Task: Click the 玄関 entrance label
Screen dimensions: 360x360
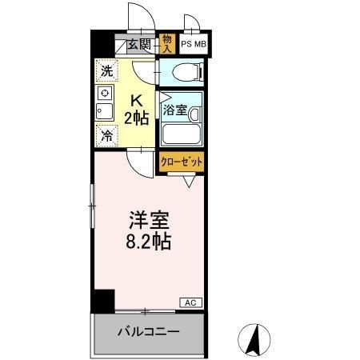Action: tap(138, 44)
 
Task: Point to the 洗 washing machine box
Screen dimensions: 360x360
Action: tap(106, 70)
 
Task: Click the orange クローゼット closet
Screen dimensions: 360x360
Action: tap(180, 162)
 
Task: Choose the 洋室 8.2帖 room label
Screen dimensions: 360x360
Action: tap(147, 230)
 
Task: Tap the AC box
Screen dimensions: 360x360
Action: tap(190, 302)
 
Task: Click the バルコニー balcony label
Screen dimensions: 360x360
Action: tap(149, 332)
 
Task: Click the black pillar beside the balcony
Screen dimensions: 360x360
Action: tap(102, 302)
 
